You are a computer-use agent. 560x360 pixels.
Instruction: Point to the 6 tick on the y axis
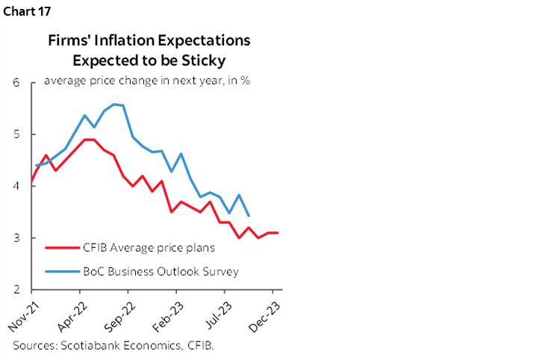point(16,82)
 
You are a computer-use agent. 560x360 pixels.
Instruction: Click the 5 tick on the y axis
point(16,134)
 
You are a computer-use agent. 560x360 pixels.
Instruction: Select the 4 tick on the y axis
point(16,186)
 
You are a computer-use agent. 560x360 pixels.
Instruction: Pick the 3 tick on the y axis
point(16,238)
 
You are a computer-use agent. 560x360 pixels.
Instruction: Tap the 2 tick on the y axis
point(16,290)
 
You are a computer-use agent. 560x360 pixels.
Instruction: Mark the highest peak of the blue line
point(113,104)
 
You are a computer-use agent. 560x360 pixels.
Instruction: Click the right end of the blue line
point(248,216)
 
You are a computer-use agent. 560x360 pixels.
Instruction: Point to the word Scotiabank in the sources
point(87,345)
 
